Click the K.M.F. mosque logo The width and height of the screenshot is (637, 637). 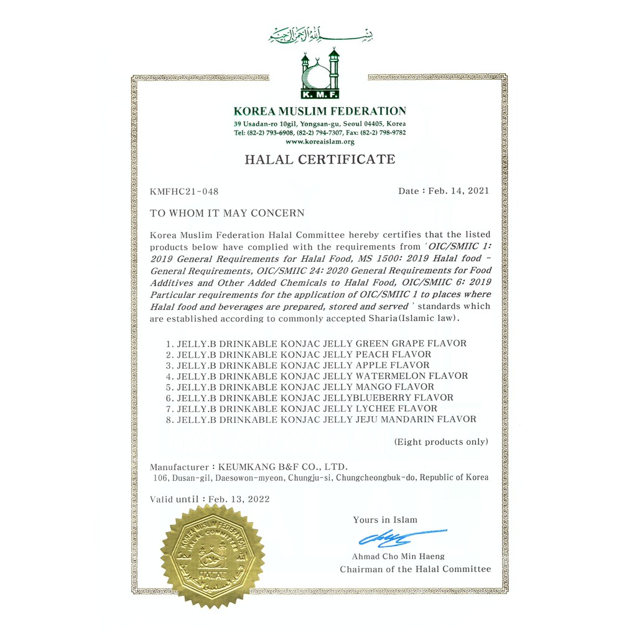coord(320,76)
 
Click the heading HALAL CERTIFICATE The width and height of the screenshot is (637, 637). coord(320,159)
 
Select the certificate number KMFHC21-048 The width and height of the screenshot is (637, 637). coord(184,191)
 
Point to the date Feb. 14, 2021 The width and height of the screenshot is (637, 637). coord(457,191)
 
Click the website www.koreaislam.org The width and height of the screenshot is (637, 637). coord(320,142)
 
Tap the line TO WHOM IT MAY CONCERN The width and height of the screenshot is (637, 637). coord(227,213)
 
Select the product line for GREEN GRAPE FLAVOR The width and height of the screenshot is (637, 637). coord(321,343)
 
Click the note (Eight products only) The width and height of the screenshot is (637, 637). coord(441,442)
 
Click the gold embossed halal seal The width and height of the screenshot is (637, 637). coord(212,556)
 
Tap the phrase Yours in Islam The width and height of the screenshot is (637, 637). coord(385,519)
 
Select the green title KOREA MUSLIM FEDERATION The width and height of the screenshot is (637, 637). coord(320,111)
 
